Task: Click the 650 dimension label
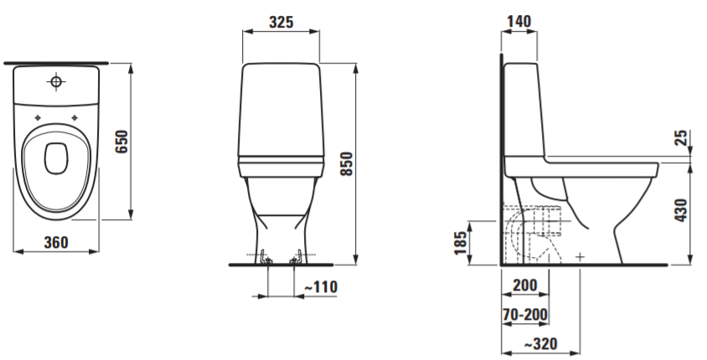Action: (121, 141)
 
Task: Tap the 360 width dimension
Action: (56, 243)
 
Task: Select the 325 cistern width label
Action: (281, 22)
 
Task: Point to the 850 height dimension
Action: (346, 163)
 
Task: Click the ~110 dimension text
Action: (321, 286)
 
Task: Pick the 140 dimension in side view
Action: (519, 21)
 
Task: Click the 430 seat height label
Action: (681, 209)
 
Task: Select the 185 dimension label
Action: (461, 243)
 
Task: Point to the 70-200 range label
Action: (525, 315)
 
